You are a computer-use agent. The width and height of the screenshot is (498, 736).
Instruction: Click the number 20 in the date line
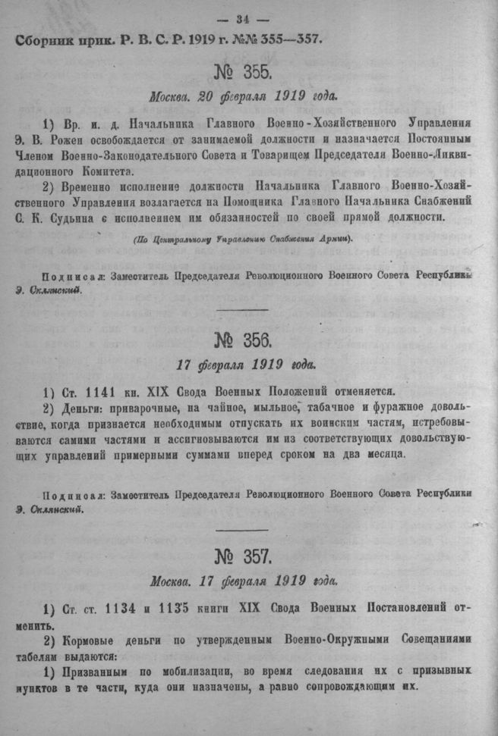[206, 96]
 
